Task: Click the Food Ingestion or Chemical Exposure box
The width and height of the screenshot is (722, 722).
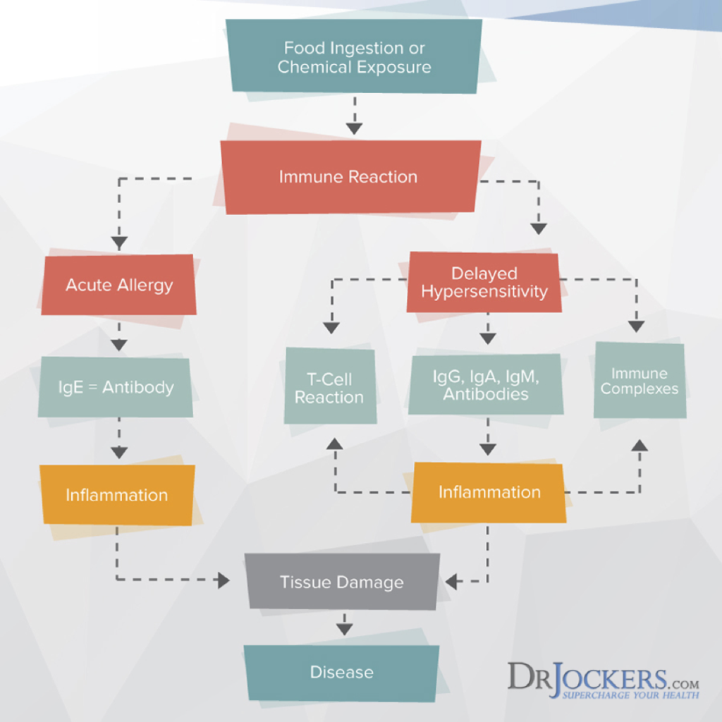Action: tap(354, 58)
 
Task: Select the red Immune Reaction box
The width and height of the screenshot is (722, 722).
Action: tap(348, 176)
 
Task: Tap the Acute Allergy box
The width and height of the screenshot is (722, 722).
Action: tap(118, 285)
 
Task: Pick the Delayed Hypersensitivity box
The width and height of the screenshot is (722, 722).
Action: tap(484, 283)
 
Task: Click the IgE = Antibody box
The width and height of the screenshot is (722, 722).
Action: tap(116, 386)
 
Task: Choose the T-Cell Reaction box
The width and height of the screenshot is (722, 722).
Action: tap(329, 388)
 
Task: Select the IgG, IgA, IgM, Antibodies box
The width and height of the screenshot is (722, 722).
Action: tap(486, 385)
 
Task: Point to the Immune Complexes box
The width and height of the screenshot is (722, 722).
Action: tap(640, 381)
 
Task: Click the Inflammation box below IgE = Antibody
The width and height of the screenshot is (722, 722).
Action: tap(117, 495)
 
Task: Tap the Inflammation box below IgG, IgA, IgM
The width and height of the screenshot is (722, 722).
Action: tap(489, 492)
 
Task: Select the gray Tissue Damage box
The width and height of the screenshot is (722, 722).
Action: tap(342, 582)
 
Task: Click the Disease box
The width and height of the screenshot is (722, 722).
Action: tap(342, 672)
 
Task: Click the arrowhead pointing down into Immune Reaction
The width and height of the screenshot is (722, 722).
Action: tap(354, 128)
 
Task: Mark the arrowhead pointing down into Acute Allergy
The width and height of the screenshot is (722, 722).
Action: tap(119, 243)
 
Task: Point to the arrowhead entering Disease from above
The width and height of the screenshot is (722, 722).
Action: tap(344, 628)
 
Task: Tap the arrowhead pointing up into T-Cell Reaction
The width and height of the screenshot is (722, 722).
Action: tap(334, 443)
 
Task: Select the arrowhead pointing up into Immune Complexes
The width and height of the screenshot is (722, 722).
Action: tap(640, 444)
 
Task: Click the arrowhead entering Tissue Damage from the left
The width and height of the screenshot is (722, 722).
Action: tap(224, 581)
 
